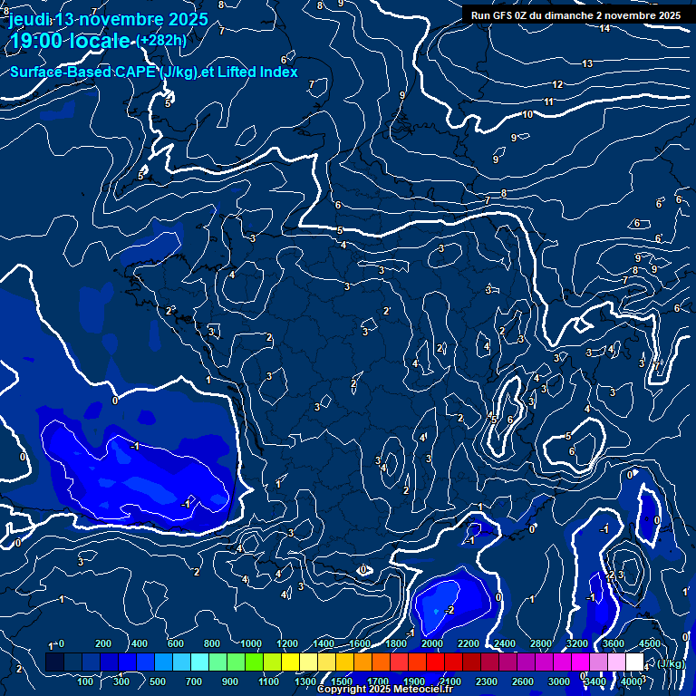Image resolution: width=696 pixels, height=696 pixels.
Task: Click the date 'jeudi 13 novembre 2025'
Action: pyautogui.click(x=108, y=19)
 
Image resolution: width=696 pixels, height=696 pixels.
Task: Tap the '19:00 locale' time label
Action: pyautogui.click(x=69, y=41)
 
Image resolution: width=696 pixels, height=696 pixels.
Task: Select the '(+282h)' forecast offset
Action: pyautogui.click(x=161, y=41)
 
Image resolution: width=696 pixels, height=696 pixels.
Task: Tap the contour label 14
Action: pyautogui.click(x=604, y=28)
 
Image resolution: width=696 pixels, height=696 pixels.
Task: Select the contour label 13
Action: pyautogui.click(x=587, y=63)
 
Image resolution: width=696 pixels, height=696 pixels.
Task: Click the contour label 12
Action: pyautogui.click(x=558, y=84)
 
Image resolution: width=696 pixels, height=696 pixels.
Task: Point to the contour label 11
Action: pyautogui.click(x=549, y=101)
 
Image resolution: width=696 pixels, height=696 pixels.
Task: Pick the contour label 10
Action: pyautogui.click(x=527, y=114)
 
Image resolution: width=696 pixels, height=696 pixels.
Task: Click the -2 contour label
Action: pyautogui.click(x=449, y=610)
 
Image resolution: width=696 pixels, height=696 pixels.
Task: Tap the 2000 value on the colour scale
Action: pyautogui.click(x=431, y=643)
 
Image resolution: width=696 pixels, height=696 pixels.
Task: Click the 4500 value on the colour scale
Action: pyautogui.click(x=649, y=643)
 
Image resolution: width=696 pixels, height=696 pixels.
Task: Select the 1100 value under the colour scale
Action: pyautogui.click(x=267, y=681)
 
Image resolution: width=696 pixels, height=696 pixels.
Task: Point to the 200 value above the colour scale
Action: pyautogui.click(x=102, y=643)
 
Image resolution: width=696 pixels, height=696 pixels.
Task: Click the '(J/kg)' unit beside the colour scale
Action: pyautogui.click(x=672, y=663)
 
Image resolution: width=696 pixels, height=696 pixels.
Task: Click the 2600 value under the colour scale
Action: pyautogui.click(x=523, y=681)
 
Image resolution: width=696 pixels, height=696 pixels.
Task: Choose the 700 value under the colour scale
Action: pyautogui.click(x=194, y=681)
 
